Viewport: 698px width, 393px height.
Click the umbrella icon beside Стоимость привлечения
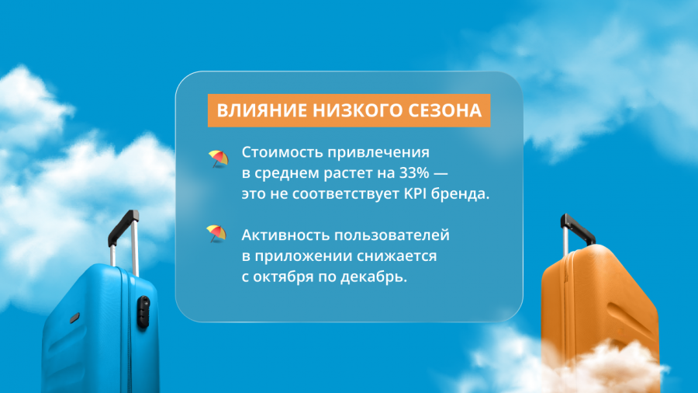218,158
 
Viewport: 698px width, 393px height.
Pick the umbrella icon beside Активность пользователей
216,234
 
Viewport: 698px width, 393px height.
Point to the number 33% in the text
414,173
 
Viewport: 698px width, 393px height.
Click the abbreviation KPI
415,194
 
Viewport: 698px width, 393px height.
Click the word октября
283,276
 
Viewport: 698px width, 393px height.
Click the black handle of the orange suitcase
578,228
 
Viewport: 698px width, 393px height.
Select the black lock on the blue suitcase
143,312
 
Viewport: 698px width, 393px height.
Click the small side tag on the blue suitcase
74,318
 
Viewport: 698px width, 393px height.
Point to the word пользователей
392,235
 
